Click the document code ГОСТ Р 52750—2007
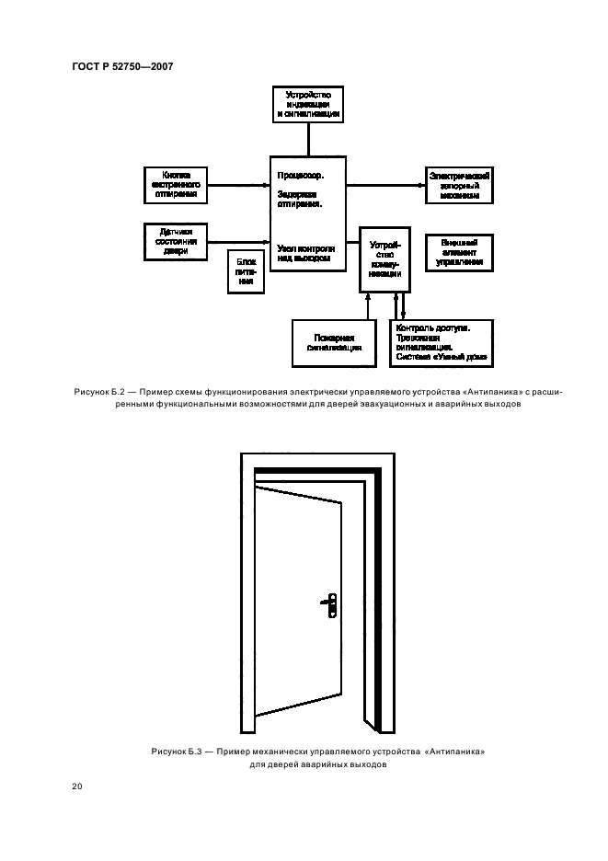tap(122, 65)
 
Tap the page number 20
tap(78, 786)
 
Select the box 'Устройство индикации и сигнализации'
tap(309, 104)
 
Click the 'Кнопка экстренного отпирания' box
tap(177, 182)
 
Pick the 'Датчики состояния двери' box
tap(177, 240)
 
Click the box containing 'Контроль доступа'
tap(443, 342)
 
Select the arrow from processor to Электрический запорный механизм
tap(386, 182)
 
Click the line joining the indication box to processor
tap(309, 138)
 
